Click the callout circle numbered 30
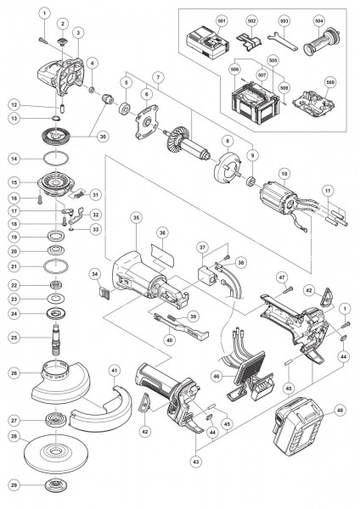click(104, 136)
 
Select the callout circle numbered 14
click(14, 159)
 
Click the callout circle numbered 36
click(161, 232)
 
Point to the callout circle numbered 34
click(96, 273)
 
